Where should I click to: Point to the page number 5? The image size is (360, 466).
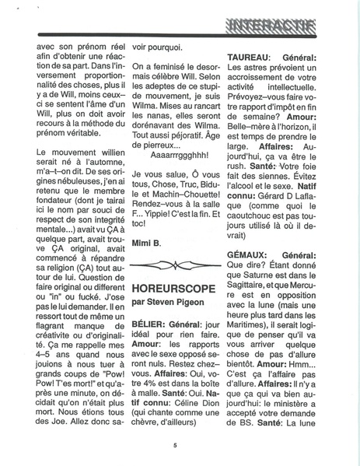tap(177, 444)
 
